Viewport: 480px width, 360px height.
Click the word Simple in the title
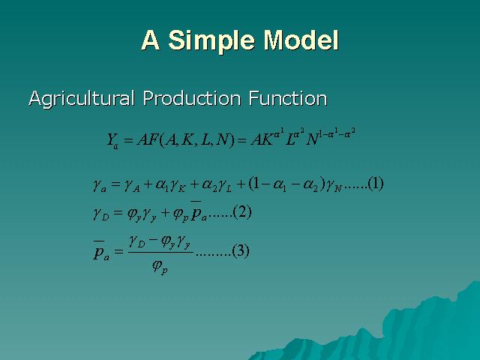point(211,40)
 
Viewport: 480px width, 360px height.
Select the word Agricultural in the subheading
point(82,98)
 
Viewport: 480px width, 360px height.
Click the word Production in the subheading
point(192,98)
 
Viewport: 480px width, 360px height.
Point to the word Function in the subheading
point(288,98)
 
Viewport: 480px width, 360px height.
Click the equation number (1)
point(375,184)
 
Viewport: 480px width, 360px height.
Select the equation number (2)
point(242,212)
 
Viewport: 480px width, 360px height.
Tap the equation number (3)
point(241,251)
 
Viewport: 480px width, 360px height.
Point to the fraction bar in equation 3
point(160,253)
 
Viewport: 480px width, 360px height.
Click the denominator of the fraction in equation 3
point(160,267)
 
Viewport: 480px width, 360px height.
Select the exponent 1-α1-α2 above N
point(337,133)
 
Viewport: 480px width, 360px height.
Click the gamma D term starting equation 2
point(100,213)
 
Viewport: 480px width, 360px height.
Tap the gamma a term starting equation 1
point(100,185)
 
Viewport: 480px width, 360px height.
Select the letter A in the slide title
point(150,40)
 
